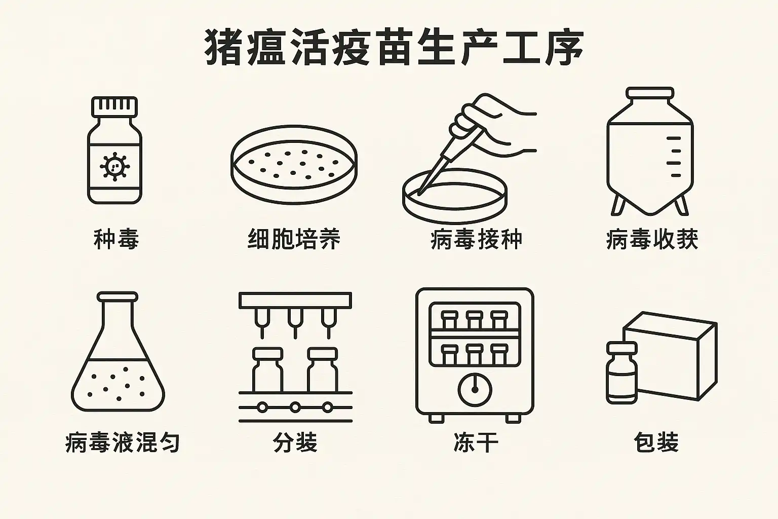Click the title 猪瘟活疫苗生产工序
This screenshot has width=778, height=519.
(x=394, y=48)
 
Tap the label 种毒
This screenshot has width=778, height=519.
(x=116, y=239)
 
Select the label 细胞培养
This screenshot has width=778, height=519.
(x=294, y=239)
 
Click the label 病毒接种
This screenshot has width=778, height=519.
(x=476, y=239)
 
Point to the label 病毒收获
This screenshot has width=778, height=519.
(x=652, y=239)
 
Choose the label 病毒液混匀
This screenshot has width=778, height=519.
(x=123, y=442)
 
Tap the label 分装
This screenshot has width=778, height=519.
(x=295, y=442)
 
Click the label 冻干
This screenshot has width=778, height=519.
(x=475, y=442)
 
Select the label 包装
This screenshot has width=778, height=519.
(x=656, y=442)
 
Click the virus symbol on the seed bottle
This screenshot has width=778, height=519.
(x=114, y=166)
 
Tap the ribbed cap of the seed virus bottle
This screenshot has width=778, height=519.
(x=114, y=106)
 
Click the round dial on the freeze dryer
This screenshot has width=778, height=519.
(x=475, y=390)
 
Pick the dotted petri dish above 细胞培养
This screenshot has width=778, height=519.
(x=294, y=163)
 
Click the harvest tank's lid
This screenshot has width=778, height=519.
(x=650, y=94)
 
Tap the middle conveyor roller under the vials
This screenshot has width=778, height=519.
(x=295, y=406)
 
